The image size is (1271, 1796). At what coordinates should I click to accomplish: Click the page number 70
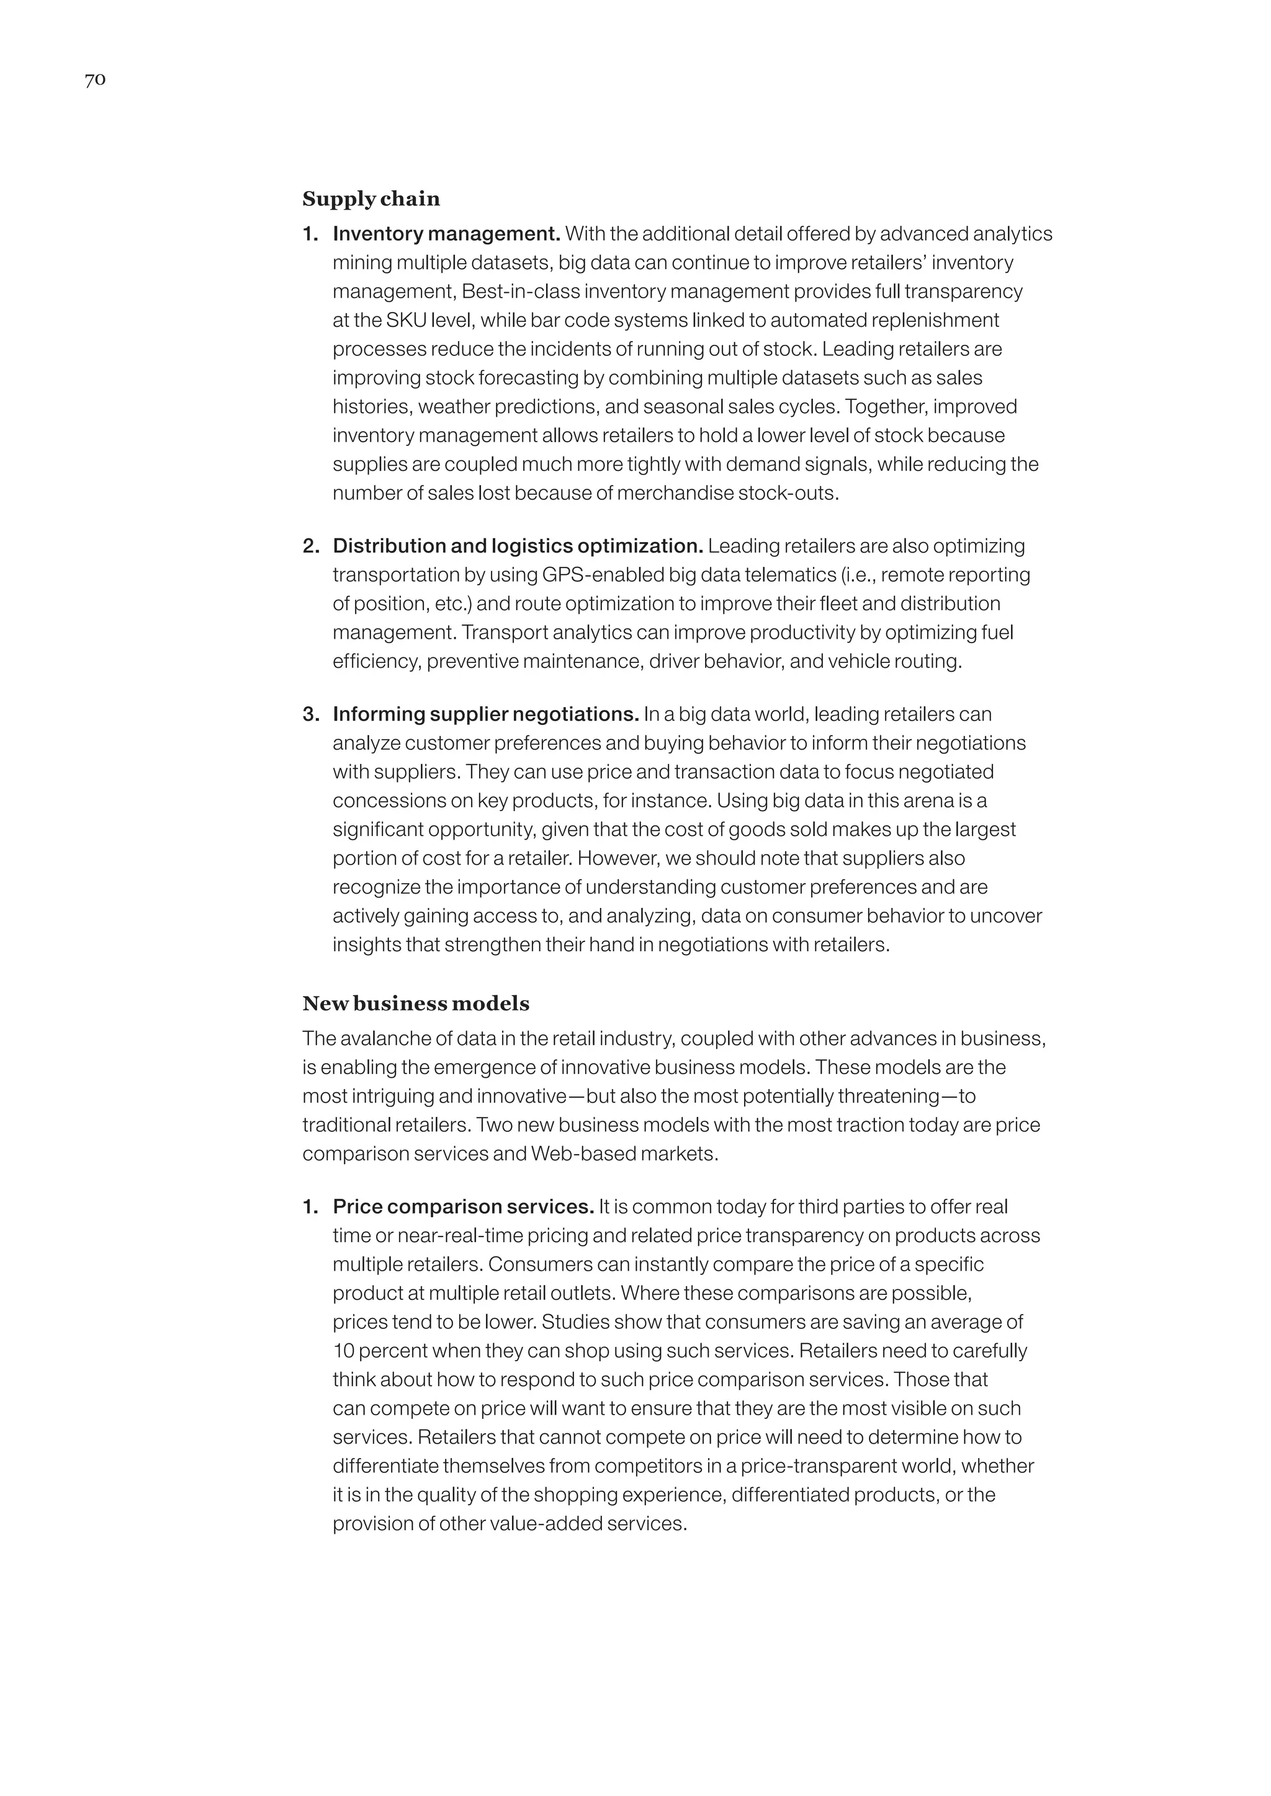[x=95, y=80]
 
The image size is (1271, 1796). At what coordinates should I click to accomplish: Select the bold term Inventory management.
[x=446, y=234]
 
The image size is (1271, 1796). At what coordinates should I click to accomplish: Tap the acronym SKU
[x=406, y=320]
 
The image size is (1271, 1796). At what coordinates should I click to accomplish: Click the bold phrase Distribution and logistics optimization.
[x=518, y=546]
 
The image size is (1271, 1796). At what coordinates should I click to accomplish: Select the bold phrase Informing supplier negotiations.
[x=485, y=714]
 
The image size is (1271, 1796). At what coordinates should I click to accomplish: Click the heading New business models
[x=416, y=1003]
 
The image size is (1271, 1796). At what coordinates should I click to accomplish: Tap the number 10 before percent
[x=343, y=1351]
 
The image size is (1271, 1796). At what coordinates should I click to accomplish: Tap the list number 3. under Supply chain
[x=311, y=714]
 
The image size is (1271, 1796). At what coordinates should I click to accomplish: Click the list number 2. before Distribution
[x=311, y=546]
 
